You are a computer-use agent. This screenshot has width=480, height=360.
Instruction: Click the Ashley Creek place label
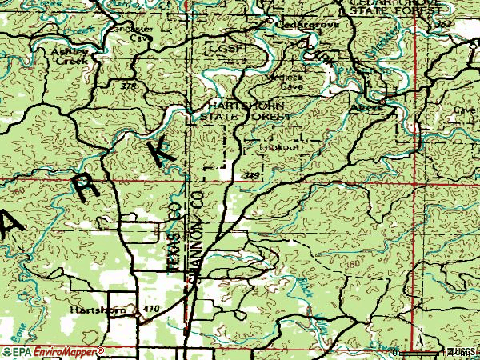[69, 55]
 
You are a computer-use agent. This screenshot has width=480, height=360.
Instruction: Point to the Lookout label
[282, 147]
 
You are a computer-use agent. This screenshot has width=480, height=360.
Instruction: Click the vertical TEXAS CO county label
[174, 235]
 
